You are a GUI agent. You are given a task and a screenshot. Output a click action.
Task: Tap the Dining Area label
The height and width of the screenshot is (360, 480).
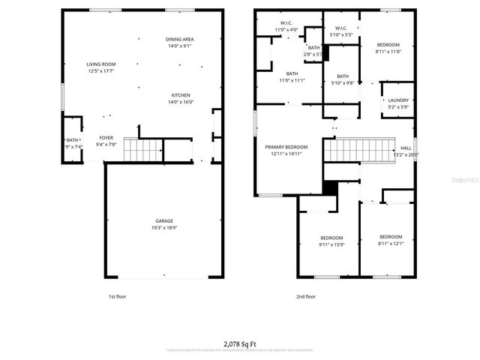pyautogui.click(x=180, y=39)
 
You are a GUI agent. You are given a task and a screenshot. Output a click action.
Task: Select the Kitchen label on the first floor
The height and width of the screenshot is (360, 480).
pyautogui.click(x=180, y=95)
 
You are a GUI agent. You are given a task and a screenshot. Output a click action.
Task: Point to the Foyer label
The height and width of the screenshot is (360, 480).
pyautogui.click(x=106, y=138)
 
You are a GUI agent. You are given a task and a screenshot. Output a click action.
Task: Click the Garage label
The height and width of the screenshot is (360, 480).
pyautogui.click(x=164, y=220)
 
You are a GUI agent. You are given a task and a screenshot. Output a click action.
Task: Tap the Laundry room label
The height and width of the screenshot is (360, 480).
pyautogui.click(x=397, y=100)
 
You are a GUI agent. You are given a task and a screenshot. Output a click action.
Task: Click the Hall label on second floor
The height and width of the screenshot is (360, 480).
pyautogui.click(x=406, y=148)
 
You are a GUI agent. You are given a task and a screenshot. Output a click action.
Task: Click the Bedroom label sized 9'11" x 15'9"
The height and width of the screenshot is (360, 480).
pyautogui.click(x=331, y=237)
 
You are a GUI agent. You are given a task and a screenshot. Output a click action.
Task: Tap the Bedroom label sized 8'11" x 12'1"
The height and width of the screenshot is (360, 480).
pyautogui.click(x=390, y=236)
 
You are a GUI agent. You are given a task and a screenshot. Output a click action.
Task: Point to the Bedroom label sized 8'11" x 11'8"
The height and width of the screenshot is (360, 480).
pyautogui.click(x=388, y=45)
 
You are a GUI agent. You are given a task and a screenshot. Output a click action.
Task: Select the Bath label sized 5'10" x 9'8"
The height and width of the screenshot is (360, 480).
pyautogui.click(x=342, y=76)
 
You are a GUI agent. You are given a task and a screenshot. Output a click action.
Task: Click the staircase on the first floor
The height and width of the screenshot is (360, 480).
pyautogui.click(x=142, y=151)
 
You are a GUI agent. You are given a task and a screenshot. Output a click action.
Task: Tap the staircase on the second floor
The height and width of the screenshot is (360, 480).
pyautogui.click(x=359, y=151)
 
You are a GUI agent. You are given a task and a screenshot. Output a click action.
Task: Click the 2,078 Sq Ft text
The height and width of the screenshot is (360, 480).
pyautogui.click(x=240, y=342)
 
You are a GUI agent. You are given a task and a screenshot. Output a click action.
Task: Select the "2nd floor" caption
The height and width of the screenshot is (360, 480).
pyautogui.click(x=305, y=296)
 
